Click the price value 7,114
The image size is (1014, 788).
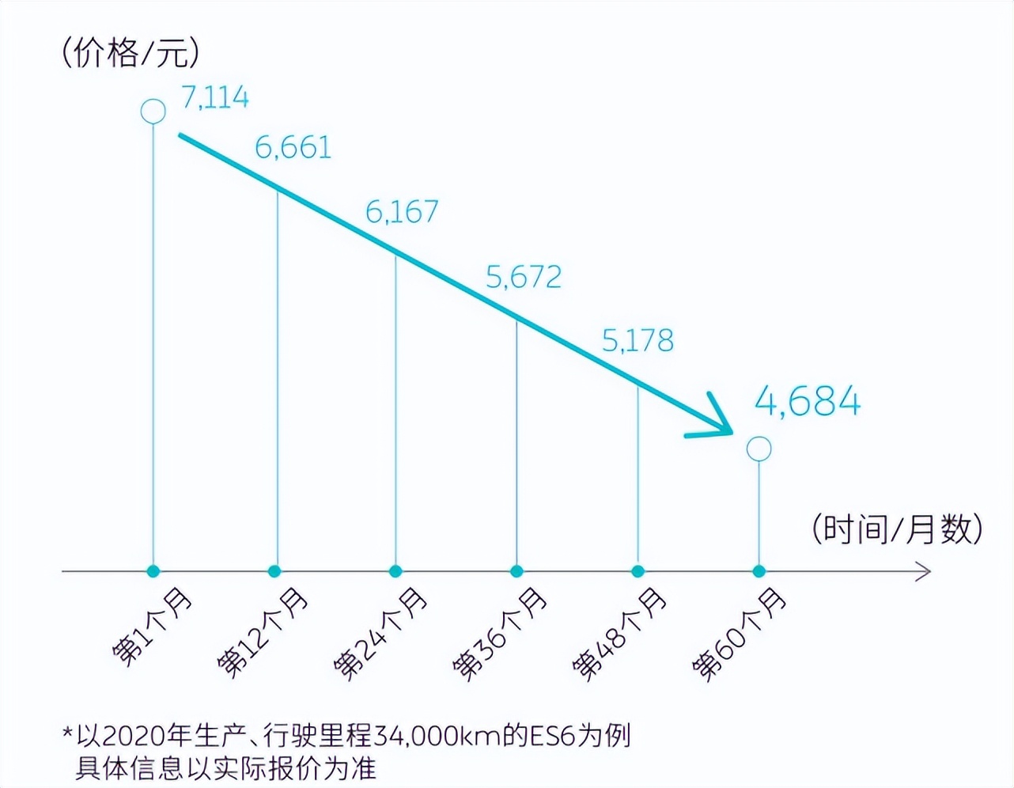click(x=215, y=97)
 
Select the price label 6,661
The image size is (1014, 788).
click(x=293, y=147)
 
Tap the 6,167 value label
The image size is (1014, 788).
click(x=402, y=211)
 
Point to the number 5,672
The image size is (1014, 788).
click(x=524, y=276)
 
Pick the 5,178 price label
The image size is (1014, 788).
click(x=638, y=340)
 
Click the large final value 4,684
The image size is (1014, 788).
click(x=808, y=401)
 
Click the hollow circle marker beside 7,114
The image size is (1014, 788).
click(x=153, y=112)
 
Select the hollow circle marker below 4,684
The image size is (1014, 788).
click(x=759, y=449)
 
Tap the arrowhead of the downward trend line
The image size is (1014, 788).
click(x=720, y=423)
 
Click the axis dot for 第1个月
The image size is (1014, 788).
click(x=153, y=571)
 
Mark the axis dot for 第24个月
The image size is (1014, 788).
click(x=395, y=571)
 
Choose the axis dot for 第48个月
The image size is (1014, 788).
click(x=638, y=571)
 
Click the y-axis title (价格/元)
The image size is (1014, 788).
click(x=131, y=52)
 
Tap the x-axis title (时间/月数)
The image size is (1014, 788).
click(x=897, y=528)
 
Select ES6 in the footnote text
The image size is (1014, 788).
click(x=551, y=736)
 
